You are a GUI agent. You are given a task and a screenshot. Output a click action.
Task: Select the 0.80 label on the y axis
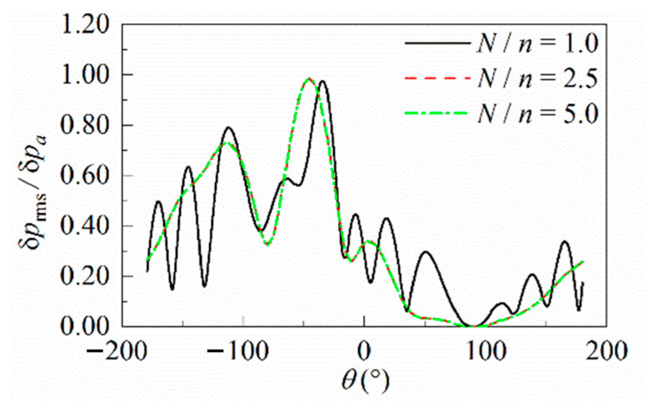85,125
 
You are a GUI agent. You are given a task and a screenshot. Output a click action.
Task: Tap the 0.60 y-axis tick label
85,176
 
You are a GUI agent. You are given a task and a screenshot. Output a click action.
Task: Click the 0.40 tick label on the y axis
85,226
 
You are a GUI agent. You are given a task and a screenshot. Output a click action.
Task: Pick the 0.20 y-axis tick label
85,276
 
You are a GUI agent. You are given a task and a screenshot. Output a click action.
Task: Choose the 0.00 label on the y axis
85,327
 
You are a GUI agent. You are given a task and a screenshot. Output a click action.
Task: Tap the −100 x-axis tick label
238,351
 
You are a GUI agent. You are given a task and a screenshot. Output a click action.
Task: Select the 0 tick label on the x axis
364,351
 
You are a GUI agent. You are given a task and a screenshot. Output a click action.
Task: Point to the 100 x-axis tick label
485,351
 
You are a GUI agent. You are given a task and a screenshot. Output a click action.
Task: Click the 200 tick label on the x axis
606,351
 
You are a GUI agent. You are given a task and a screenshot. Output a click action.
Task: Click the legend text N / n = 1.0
537,43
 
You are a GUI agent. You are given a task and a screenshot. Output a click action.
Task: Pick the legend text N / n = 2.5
537,78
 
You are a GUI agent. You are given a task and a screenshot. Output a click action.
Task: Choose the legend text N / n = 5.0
537,113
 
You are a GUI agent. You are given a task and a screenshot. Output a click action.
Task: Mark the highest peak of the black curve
322,82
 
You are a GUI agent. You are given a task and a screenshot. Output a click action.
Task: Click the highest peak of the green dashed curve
309,78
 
